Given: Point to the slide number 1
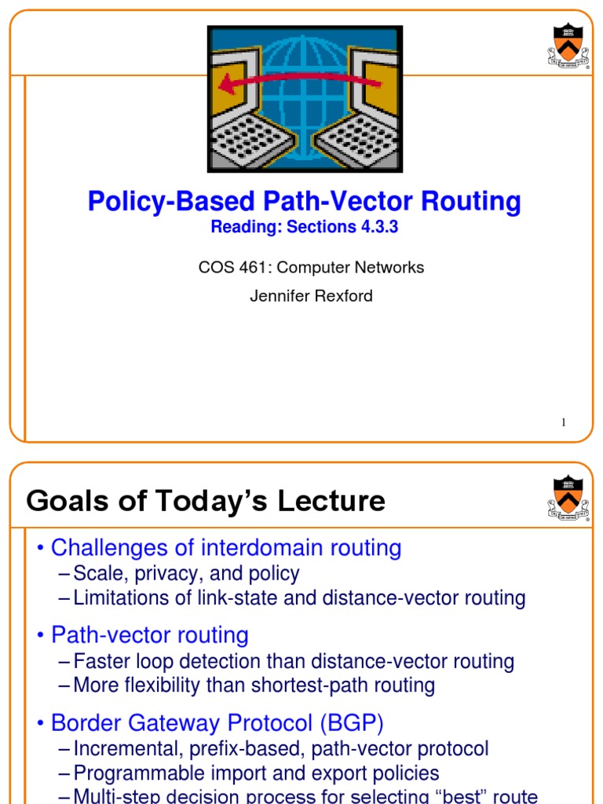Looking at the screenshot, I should [563, 423].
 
